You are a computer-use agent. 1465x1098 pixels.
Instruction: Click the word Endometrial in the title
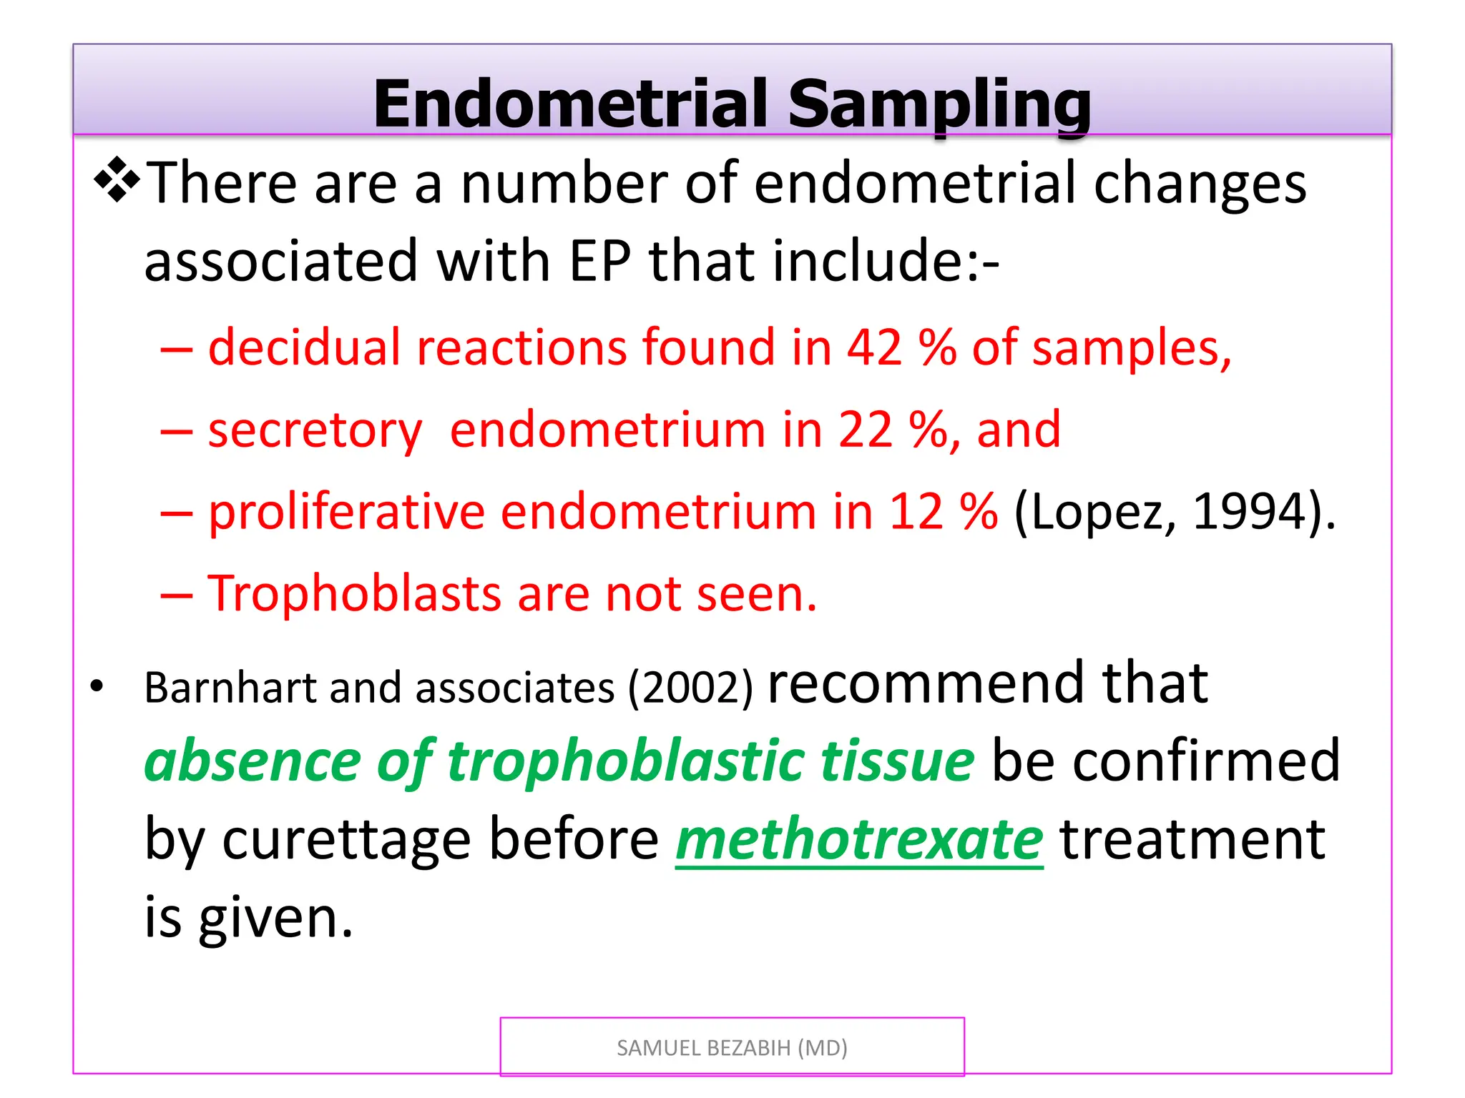pos(569,104)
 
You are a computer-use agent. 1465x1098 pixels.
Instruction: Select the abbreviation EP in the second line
pos(600,261)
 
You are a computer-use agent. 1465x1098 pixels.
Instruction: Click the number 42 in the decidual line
pos(874,347)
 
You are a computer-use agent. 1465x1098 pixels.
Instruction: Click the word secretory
pos(315,431)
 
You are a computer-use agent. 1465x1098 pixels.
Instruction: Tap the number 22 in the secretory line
pos(866,430)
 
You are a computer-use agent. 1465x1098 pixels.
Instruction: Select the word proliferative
pos(346,513)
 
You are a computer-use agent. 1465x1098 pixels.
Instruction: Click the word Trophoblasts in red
pos(353,594)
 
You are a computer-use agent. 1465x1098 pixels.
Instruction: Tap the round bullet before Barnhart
pos(97,687)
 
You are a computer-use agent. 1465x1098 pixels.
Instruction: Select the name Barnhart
pos(230,688)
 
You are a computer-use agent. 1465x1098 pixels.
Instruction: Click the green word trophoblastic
pos(629,761)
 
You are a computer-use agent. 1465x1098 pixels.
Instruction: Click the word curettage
pos(346,840)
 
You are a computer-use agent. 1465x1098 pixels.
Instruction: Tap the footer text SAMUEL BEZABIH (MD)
pos(732,1048)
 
